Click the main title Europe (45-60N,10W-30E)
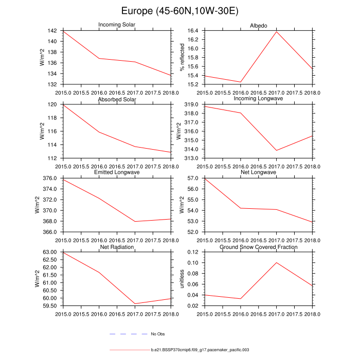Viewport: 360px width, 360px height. tap(180, 11)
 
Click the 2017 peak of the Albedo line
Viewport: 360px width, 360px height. tap(277, 32)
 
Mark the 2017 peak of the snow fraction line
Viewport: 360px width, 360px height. tap(277, 262)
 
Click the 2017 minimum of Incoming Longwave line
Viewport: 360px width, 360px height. tap(277, 150)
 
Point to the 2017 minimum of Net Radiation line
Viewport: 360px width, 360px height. tap(135, 303)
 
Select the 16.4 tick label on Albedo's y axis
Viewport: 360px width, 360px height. tap(195, 31)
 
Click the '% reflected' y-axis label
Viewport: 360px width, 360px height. tap(181, 57)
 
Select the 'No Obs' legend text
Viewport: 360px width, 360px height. tap(157, 334)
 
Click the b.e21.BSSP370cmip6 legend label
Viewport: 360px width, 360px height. tap(200, 350)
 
